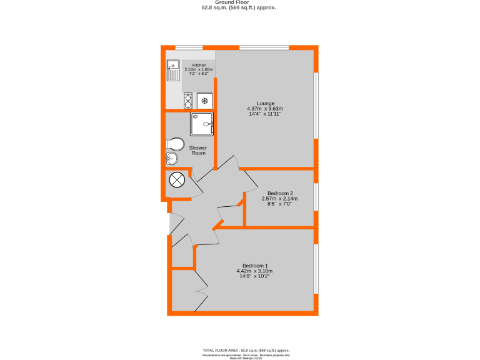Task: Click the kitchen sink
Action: [x=173, y=71]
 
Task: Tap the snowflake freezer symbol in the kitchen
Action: [x=204, y=101]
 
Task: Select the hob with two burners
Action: [x=188, y=101]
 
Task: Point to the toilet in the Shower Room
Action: [x=174, y=145]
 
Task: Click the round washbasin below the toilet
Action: [x=172, y=159]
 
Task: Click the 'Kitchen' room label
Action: [x=199, y=65]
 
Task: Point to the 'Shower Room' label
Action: [x=198, y=151]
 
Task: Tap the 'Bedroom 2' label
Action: [x=279, y=193]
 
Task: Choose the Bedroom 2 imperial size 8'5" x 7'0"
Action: [x=279, y=204]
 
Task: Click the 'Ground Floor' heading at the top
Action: [x=239, y=2]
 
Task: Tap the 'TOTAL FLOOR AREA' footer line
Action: [x=246, y=350]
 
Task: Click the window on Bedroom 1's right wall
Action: [x=316, y=269]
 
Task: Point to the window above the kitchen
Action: [x=189, y=47]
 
